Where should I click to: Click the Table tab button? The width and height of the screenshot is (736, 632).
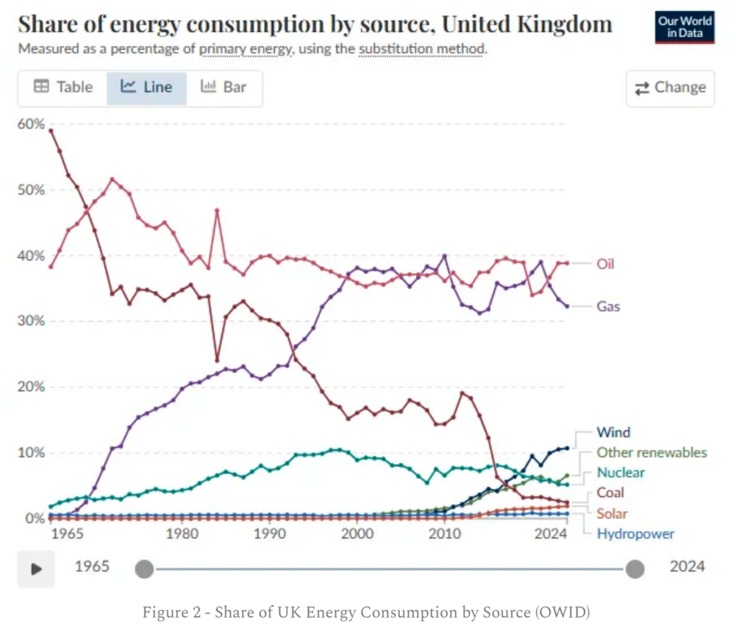coord(63,88)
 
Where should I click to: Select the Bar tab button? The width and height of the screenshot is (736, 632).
coord(224,88)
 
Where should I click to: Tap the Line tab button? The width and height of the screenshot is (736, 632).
coord(147,88)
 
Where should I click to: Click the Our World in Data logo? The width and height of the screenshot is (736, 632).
coord(684,27)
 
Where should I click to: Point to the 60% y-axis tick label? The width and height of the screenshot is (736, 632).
coord(31,124)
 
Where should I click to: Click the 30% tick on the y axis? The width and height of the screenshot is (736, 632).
coord(31,321)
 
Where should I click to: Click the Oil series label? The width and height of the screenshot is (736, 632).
coord(605,264)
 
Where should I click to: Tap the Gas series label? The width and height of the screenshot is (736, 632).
coord(607,306)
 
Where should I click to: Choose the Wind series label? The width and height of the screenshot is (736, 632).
coord(613,432)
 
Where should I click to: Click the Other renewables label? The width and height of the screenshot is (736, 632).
coord(651,452)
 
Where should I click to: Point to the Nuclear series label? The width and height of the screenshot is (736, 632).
coord(620,472)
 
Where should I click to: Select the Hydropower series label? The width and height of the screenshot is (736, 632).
coord(635,533)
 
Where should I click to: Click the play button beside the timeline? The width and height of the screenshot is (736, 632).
coord(36,569)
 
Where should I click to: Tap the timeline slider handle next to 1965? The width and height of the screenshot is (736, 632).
coord(144,569)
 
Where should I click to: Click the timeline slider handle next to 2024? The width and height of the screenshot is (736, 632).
coord(635,569)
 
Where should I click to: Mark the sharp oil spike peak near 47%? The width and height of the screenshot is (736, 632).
coord(217,210)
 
